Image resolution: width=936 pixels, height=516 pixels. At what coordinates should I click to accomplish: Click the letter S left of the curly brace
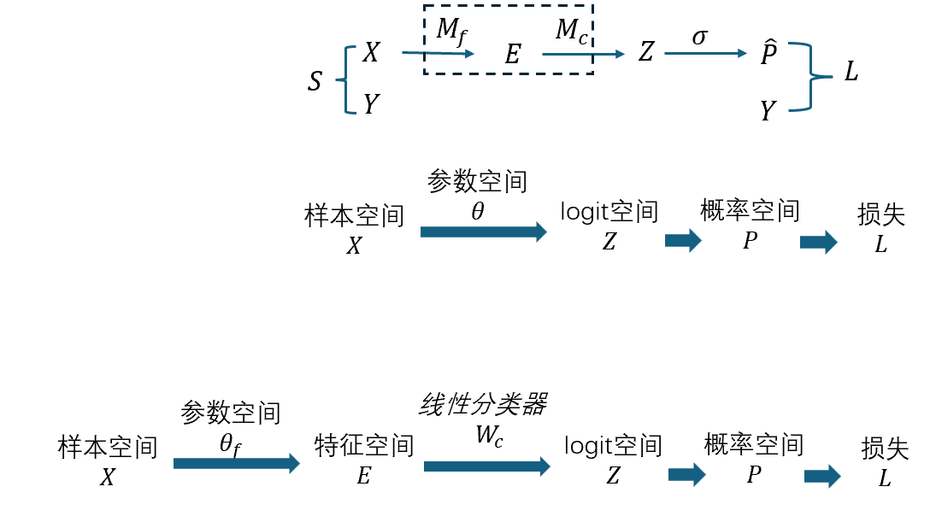315,82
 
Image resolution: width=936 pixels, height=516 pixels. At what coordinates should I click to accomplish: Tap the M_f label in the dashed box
450,31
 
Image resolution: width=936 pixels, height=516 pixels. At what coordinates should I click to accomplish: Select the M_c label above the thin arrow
570,31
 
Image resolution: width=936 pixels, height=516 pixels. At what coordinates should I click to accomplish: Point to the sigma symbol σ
699,37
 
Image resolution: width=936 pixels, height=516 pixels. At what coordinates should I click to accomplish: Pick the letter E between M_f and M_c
512,56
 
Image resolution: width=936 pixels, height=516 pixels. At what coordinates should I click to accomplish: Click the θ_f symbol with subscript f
231,445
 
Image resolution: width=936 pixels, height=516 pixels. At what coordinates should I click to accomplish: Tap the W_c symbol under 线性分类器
489,435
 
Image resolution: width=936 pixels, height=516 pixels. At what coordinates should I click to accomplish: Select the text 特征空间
364,446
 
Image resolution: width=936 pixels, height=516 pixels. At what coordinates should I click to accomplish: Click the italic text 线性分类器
483,405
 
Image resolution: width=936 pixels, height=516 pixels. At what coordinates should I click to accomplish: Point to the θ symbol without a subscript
477,211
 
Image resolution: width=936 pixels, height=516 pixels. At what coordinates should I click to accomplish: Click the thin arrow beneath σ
705,54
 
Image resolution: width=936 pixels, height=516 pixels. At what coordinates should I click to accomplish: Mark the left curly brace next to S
345,80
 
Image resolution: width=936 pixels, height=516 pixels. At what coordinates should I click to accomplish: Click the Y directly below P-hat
768,110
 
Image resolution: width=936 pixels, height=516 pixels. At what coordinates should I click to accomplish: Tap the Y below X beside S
371,105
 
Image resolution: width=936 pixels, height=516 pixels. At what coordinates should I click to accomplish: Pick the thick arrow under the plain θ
483,232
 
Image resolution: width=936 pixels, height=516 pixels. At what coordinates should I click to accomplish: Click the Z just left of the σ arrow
645,53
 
